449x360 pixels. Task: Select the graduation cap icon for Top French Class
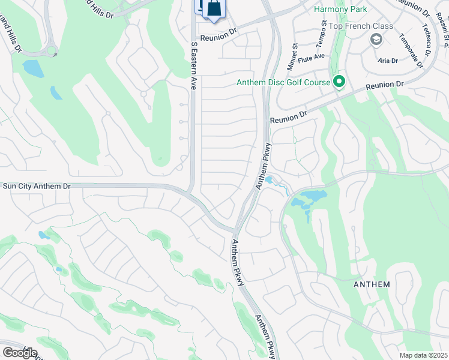(376, 40)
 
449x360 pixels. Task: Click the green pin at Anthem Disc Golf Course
(340, 82)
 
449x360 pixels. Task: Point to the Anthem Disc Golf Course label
(283, 82)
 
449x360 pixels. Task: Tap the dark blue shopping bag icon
(214, 9)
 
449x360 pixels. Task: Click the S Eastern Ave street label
(193, 66)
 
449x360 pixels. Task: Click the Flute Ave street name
(312, 56)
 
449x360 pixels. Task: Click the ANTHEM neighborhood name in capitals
(372, 284)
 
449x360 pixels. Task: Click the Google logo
(20, 352)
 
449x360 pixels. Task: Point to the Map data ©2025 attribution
(423, 355)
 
